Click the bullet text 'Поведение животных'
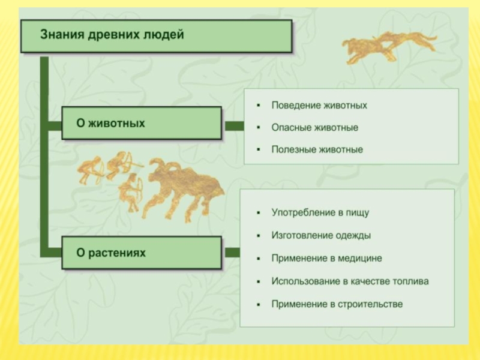pos(319,106)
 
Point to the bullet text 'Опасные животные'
pos(314,128)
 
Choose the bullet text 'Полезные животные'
pos(317,149)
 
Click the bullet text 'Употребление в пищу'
pos(320,212)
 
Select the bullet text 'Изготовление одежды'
pos(320,235)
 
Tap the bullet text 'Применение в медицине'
pos(326,258)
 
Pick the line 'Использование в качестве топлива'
pos(350,281)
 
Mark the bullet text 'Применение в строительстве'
pos(337,304)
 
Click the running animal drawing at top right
pos(389,47)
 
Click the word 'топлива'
pos(410,281)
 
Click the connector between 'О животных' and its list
pos(233,125)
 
